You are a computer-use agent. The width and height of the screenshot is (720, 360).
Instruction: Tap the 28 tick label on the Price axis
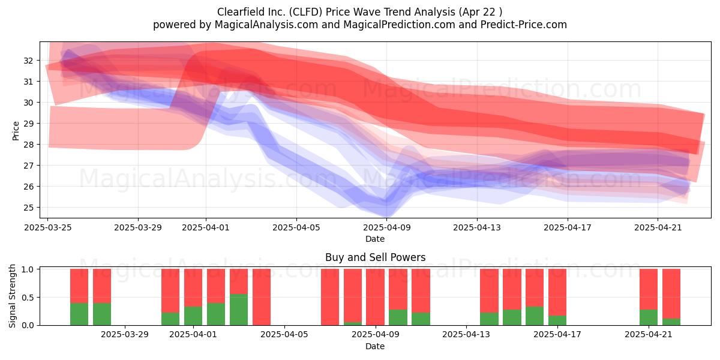[x=28, y=145]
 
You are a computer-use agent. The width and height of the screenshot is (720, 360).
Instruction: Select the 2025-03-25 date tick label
[x=48, y=227]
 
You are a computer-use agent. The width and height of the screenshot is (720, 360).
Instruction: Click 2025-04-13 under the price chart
[x=477, y=227]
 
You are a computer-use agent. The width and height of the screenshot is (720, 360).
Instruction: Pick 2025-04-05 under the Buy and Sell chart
[x=284, y=334]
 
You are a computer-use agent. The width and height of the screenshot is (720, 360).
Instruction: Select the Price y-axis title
[x=16, y=131]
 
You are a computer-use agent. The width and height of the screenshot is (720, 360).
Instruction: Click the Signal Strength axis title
[x=12, y=296]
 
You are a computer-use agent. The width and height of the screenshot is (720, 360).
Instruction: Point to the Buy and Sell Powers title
[x=375, y=257]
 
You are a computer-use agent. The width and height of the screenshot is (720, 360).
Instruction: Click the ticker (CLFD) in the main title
[x=305, y=12]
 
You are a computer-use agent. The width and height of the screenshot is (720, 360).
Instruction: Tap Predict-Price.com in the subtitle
[x=524, y=25]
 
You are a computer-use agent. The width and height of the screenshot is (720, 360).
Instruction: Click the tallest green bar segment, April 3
[x=239, y=310]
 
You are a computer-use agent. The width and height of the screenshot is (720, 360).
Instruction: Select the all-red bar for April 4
[x=262, y=297]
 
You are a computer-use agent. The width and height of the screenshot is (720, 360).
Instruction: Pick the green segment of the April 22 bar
[x=671, y=322]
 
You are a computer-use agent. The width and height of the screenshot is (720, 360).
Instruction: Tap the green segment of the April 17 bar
[x=557, y=320]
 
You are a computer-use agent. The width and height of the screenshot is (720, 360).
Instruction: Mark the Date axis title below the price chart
[x=375, y=239]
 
